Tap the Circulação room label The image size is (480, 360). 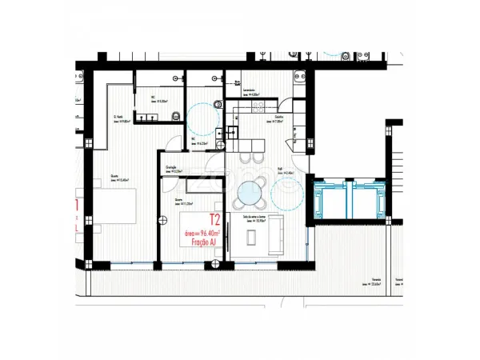[x=173, y=169]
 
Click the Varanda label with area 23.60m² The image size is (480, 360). [x=373, y=282]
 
